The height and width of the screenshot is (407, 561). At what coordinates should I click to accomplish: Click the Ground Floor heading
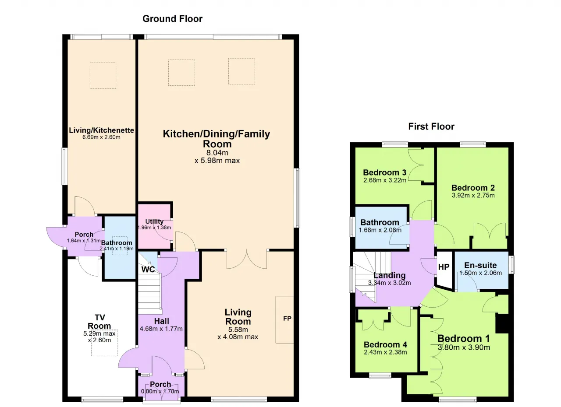tap(172, 19)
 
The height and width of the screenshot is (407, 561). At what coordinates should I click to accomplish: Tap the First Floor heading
tap(431, 126)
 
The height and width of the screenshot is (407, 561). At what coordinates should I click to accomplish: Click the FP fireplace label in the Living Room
tap(287, 318)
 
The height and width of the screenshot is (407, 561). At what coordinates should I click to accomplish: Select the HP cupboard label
tap(444, 267)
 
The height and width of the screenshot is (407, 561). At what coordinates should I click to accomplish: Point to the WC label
tap(148, 269)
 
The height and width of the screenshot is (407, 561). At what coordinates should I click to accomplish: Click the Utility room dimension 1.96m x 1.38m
tap(155, 228)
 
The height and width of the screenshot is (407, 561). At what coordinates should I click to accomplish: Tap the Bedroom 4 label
tap(385, 344)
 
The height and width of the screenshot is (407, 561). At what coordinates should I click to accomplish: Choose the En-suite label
tap(480, 265)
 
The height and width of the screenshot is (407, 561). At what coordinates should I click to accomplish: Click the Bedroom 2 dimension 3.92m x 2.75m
tap(473, 195)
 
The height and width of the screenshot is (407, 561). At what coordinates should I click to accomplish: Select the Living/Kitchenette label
tap(101, 130)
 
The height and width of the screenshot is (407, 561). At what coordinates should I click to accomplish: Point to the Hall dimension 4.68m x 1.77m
tap(161, 329)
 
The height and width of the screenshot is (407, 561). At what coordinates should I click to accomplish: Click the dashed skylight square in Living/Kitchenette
tap(103, 76)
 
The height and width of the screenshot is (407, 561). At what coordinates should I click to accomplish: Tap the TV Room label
tap(99, 322)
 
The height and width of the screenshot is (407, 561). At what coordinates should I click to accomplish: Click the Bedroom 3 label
tap(385, 172)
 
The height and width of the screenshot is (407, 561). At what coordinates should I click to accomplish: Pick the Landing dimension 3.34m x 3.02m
tap(390, 283)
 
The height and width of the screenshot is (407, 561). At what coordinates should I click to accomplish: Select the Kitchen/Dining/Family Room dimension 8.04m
tap(217, 152)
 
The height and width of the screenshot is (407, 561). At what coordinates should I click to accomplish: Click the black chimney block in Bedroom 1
tap(502, 323)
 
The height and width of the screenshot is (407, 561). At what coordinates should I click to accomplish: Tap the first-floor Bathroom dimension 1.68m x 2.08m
tap(380, 230)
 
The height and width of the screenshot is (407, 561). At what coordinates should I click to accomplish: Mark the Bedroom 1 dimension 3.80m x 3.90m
tap(464, 347)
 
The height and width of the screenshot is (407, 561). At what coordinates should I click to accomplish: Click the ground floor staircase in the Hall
tap(149, 291)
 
